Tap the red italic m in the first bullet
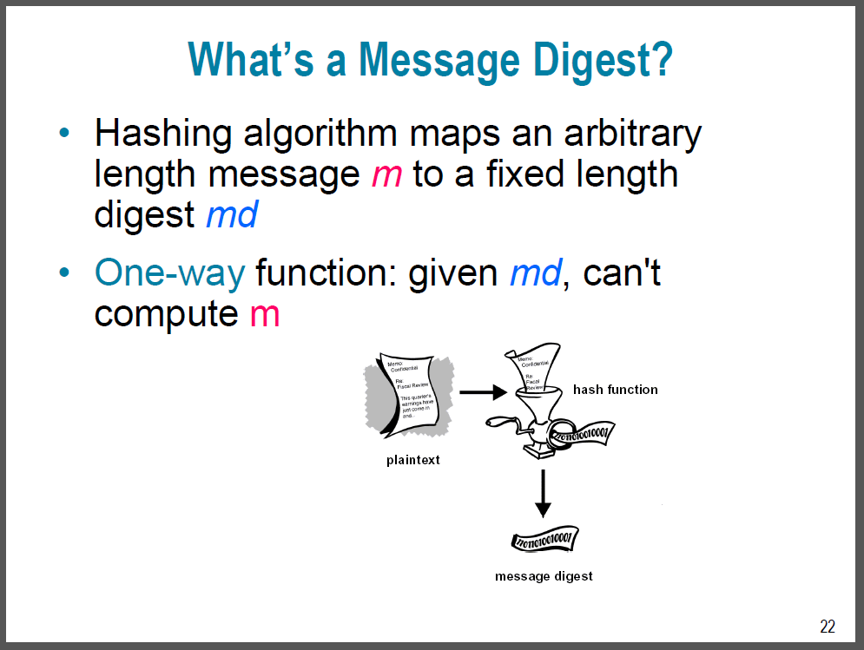[x=386, y=175]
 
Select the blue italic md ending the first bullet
[x=232, y=214]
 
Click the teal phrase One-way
[x=169, y=273]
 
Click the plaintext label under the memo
[x=412, y=460]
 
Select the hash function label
[x=615, y=390]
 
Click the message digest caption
[x=544, y=576]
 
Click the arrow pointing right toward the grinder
[x=482, y=392]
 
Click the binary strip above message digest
[x=544, y=541]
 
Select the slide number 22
[x=827, y=627]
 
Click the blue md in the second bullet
[x=535, y=273]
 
